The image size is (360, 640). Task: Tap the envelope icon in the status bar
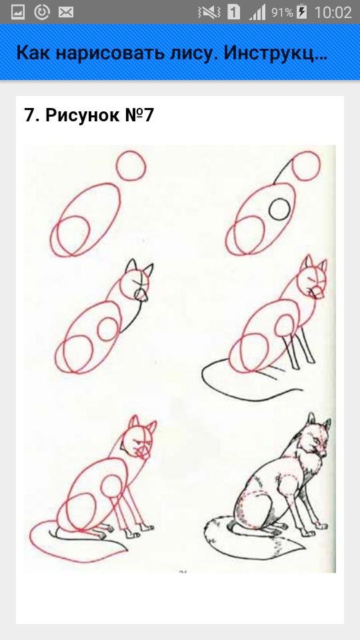point(65,12)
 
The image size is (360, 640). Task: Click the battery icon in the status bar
point(301,12)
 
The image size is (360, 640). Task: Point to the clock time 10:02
point(333,12)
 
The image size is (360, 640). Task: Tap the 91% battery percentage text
point(282,13)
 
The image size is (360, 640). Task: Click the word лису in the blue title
point(187,53)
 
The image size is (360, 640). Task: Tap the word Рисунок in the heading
point(80,115)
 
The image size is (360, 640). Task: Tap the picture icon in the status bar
point(17,12)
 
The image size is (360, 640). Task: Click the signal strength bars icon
point(257,12)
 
